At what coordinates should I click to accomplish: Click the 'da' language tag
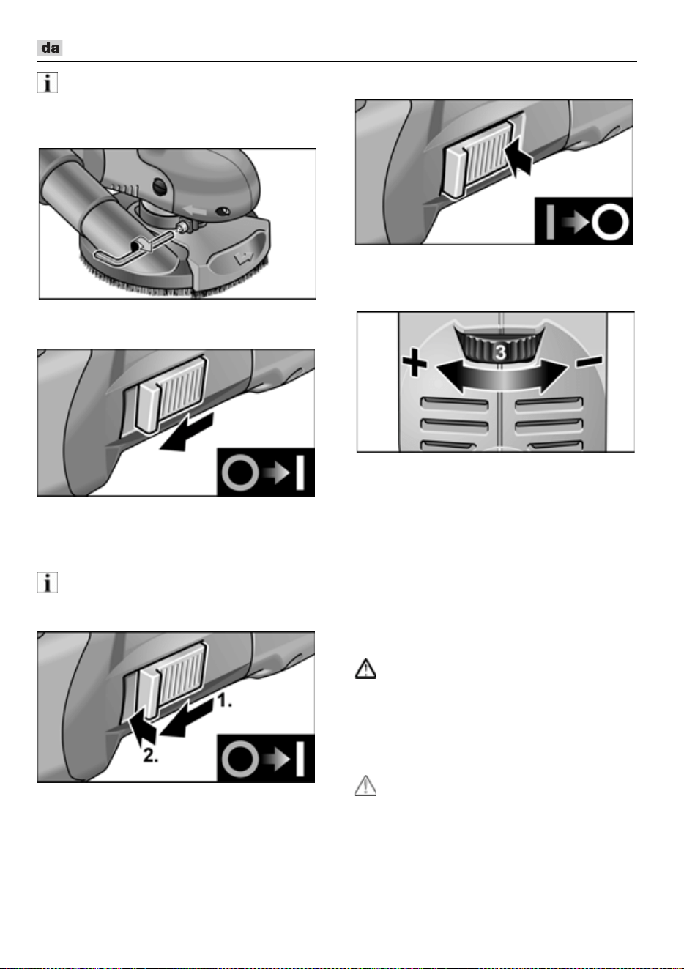(50, 48)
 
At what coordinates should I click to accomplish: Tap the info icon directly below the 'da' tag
(47, 83)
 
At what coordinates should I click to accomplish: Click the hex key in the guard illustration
(130, 248)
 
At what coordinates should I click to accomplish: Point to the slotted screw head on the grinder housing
(159, 187)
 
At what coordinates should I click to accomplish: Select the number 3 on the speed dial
(501, 352)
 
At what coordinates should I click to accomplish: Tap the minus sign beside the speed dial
(589, 361)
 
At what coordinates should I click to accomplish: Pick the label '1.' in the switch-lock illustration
(224, 700)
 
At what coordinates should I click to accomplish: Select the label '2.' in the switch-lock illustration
(151, 755)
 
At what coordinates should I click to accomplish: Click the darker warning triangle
(365, 669)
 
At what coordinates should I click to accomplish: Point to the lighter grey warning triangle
(365, 786)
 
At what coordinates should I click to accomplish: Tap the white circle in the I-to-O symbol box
(610, 222)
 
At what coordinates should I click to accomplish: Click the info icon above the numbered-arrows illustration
(47, 582)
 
